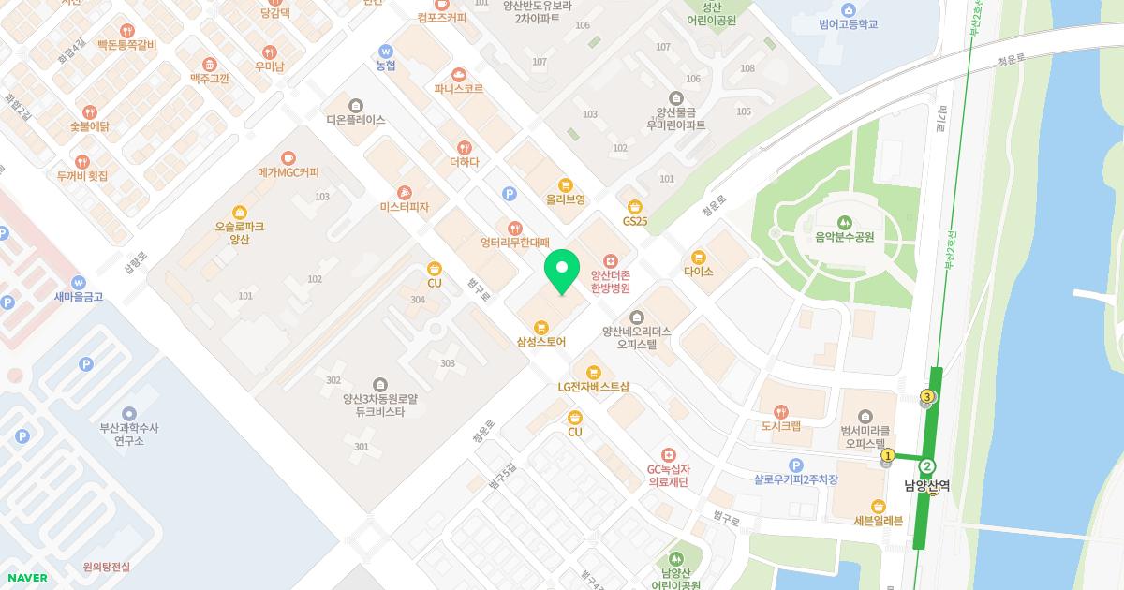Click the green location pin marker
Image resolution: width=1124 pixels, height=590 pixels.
click(x=561, y=272)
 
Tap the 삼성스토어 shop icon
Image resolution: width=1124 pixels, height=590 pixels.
click(x=540, y=327)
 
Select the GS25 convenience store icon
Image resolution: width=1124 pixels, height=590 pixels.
click(x=635, y=206)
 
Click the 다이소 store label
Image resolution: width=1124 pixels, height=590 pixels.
click(x=699, y=272)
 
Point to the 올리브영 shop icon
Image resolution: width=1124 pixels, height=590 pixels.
click(x=565, y=184)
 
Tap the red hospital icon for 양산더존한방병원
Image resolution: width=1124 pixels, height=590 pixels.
click(x=610, y=259)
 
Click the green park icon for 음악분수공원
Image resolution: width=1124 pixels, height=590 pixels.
click(x=845, y=222)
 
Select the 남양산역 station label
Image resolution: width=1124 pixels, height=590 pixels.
click(x=926, y=486)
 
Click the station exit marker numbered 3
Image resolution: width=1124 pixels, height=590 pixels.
click(x=927, y=397)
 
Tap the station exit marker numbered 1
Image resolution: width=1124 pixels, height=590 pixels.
click(x=887, y=456)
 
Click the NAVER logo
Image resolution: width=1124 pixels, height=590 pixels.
click(x=26, y=578)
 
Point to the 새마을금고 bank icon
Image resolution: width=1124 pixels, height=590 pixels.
click(x=78, y=282)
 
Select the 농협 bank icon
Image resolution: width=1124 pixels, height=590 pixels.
click(x=385, y=51)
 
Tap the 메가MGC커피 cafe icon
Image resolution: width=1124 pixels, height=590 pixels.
click(x=288, y=157)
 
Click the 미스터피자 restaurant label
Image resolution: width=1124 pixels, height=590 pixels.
click(x=404, y=207)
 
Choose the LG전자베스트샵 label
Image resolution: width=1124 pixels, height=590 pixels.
click(x=593, y=387)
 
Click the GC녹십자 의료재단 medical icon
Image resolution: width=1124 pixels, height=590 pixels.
click(x=668, y=454)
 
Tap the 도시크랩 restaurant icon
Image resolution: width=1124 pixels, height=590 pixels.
click(x=780, y=411)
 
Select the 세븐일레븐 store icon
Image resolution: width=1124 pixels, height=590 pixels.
click(x=878, y=506)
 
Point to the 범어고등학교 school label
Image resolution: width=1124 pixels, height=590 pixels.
click(x=848, y=24)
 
